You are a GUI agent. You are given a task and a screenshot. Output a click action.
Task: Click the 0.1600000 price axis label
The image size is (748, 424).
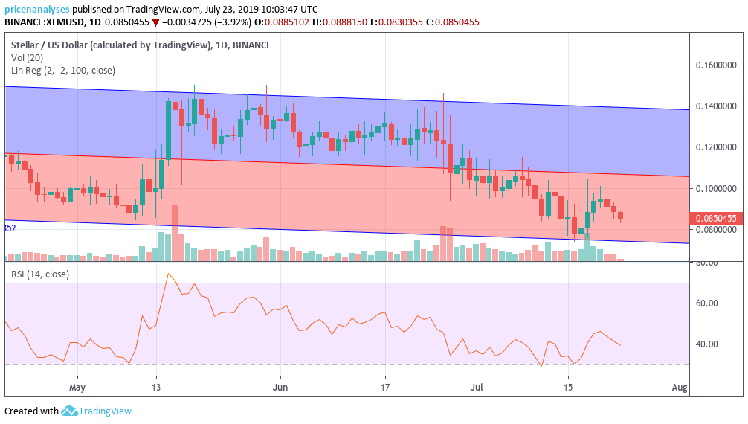(717, 65)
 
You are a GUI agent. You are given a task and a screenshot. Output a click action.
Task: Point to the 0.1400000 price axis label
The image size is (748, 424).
(717, 106)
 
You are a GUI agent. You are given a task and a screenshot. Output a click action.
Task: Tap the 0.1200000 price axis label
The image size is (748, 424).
(717, 147)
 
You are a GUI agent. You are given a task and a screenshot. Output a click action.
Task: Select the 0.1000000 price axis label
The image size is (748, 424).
(717, 188)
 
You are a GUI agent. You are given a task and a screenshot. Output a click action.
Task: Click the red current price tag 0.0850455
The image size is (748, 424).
(717, 219)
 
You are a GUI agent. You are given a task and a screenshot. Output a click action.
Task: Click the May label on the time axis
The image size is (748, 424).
(77, 388)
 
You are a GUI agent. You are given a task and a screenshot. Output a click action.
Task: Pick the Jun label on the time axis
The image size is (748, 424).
(280, 388)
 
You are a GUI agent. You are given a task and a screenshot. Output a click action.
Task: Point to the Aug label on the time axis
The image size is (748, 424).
(678, 388)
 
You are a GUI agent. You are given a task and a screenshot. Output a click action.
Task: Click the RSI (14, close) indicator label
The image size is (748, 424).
(40, 274)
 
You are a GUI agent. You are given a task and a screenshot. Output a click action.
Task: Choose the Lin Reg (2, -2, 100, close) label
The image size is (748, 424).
(63, 71)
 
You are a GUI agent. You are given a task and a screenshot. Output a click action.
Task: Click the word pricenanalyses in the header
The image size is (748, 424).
(37, 9)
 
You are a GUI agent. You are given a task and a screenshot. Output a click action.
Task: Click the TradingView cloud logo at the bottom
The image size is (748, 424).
(69, 411)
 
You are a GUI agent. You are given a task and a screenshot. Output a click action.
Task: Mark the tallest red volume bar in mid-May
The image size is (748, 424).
(175, 232)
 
